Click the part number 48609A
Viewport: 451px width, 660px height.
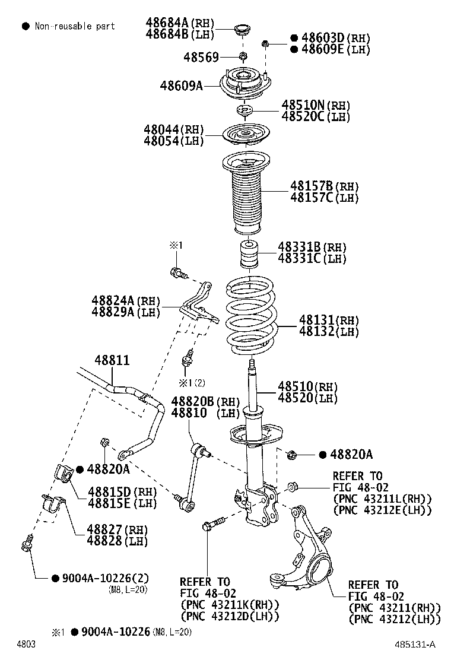coord(181,85)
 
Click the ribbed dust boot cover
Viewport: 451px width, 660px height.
coord(246,196)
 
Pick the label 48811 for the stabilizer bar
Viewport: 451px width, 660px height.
coord(112,360)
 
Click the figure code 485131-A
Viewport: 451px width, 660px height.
coord(417,644)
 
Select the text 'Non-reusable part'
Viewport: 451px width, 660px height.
coord(75,26)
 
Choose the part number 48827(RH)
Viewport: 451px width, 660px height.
coord(117,529)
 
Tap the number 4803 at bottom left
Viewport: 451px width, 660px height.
coord(26,644)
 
